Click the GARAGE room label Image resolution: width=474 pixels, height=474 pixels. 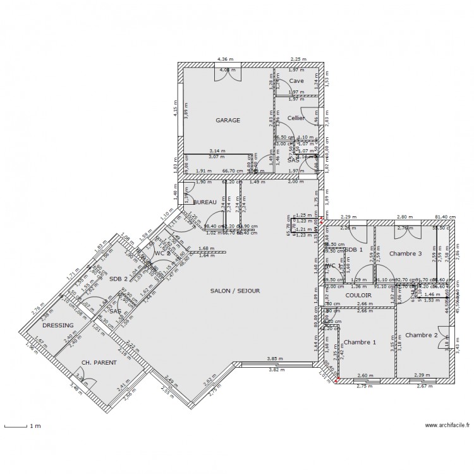pyautogui.click(x=228, y=119)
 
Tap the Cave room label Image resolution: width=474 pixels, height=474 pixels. pyautogui.click(x=296, y=81)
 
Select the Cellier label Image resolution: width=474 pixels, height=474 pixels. pyautogui.click(x=296, y=118)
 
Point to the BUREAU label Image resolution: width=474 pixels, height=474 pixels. pyautogui.click(x=205, y=202)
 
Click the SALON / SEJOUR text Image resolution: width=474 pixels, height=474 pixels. pyautogui.click(x=235, y=291)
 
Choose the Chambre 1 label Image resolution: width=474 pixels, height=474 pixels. pyautogui.click(x=360, y=342)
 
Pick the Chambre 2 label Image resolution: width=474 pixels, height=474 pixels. pyautogui.click(x=422, y=335)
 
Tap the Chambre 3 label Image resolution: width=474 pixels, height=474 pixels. pyautogui.click(x=405, y=253)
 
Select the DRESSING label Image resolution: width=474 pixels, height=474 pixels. pyautogui.click(x=58, y=325)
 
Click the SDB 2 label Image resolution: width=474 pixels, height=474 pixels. pyautogui.click(x=118, y=279)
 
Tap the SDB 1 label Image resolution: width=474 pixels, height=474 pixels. pyautogui.click(x=354, y=250)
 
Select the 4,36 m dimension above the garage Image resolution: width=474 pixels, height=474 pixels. pyautogui.click(x=224, y=59)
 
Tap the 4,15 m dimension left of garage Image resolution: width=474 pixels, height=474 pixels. pyautogui.click(x=174, y=112)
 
